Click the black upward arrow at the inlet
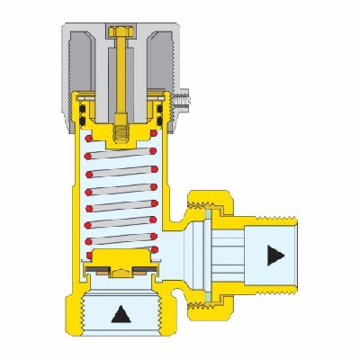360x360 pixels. pos(118,315)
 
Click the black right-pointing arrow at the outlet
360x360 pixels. pos(273,256)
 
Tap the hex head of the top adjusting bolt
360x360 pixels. pos(119,32)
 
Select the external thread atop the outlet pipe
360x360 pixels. pos(270,217)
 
